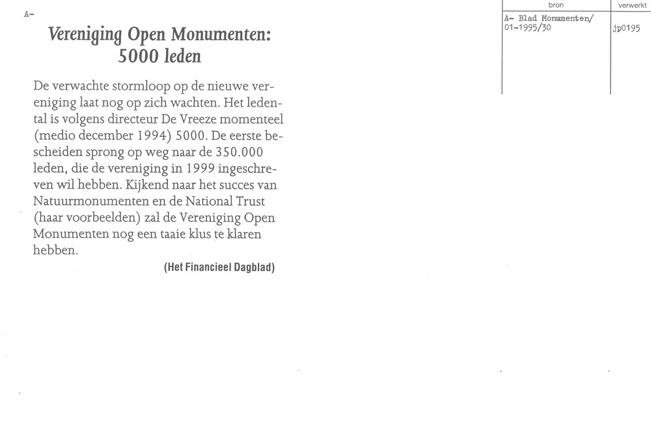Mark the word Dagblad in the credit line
click(255, 267)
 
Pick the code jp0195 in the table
click(627, 29)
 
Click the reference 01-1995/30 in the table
click(527, 28)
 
